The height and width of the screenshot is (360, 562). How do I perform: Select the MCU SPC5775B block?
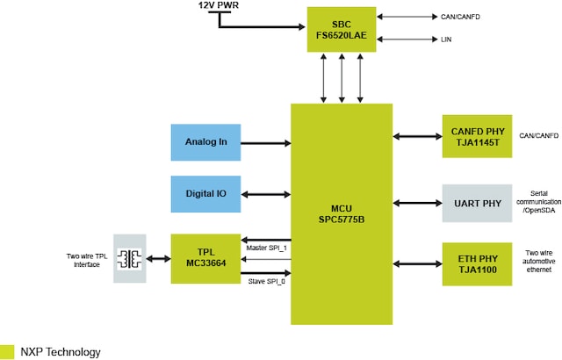click(x=342, y=212)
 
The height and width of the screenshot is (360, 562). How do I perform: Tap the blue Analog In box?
click(x=205, y=142)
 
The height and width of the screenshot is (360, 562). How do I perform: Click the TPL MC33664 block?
click(x=205, y=258)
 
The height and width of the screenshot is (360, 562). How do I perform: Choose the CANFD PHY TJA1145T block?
click(x=477, y=136)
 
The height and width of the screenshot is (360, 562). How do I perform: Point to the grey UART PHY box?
click(x=477, y=203)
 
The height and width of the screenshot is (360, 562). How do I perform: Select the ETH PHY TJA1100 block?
click(x=477, y=263)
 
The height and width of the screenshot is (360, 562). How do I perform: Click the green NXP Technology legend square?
click(x=7, y=351)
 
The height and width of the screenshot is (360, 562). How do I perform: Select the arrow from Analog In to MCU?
click(x=265, y=142)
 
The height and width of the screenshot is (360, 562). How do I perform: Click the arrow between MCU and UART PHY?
click(x=417, y=203)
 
